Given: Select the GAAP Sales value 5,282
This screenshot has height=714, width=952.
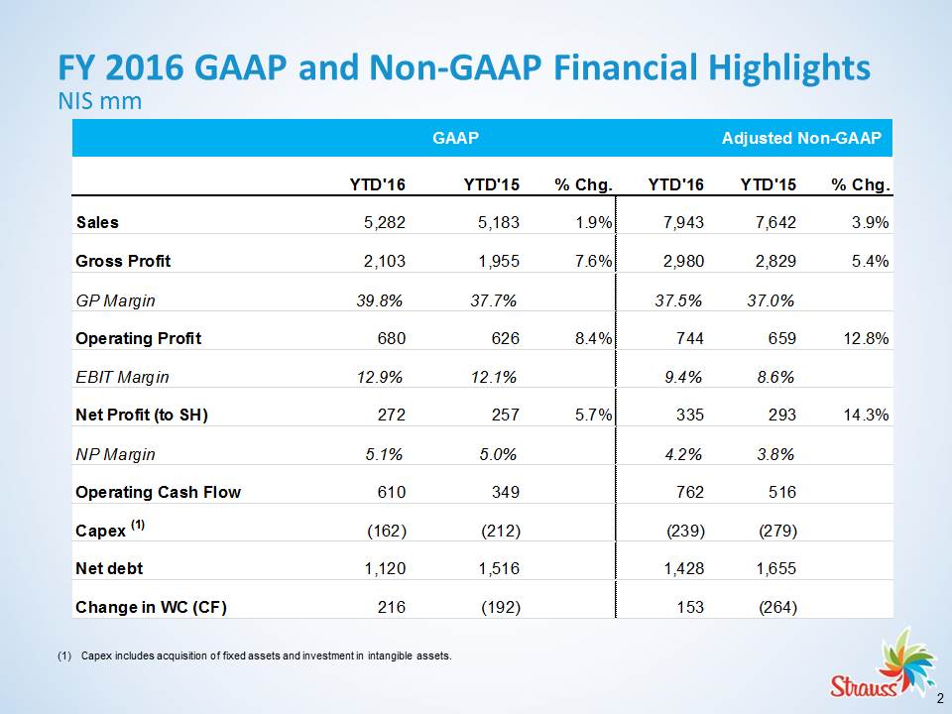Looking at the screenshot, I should [384, 223].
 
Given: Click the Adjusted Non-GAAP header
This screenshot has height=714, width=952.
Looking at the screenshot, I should [801, 139].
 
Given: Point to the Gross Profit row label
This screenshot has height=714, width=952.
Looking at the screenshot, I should [123, 262].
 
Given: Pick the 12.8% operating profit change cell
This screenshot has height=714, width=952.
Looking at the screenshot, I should [867, 339].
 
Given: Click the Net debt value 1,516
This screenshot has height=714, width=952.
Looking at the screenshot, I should [498, 569].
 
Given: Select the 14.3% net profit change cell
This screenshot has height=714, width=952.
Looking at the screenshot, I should [867, 416].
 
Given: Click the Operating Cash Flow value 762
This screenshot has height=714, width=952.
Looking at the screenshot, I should [690, 492].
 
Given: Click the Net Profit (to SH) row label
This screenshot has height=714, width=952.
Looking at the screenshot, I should [142, 416].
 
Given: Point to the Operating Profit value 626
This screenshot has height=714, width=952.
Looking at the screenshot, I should [504, 339].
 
